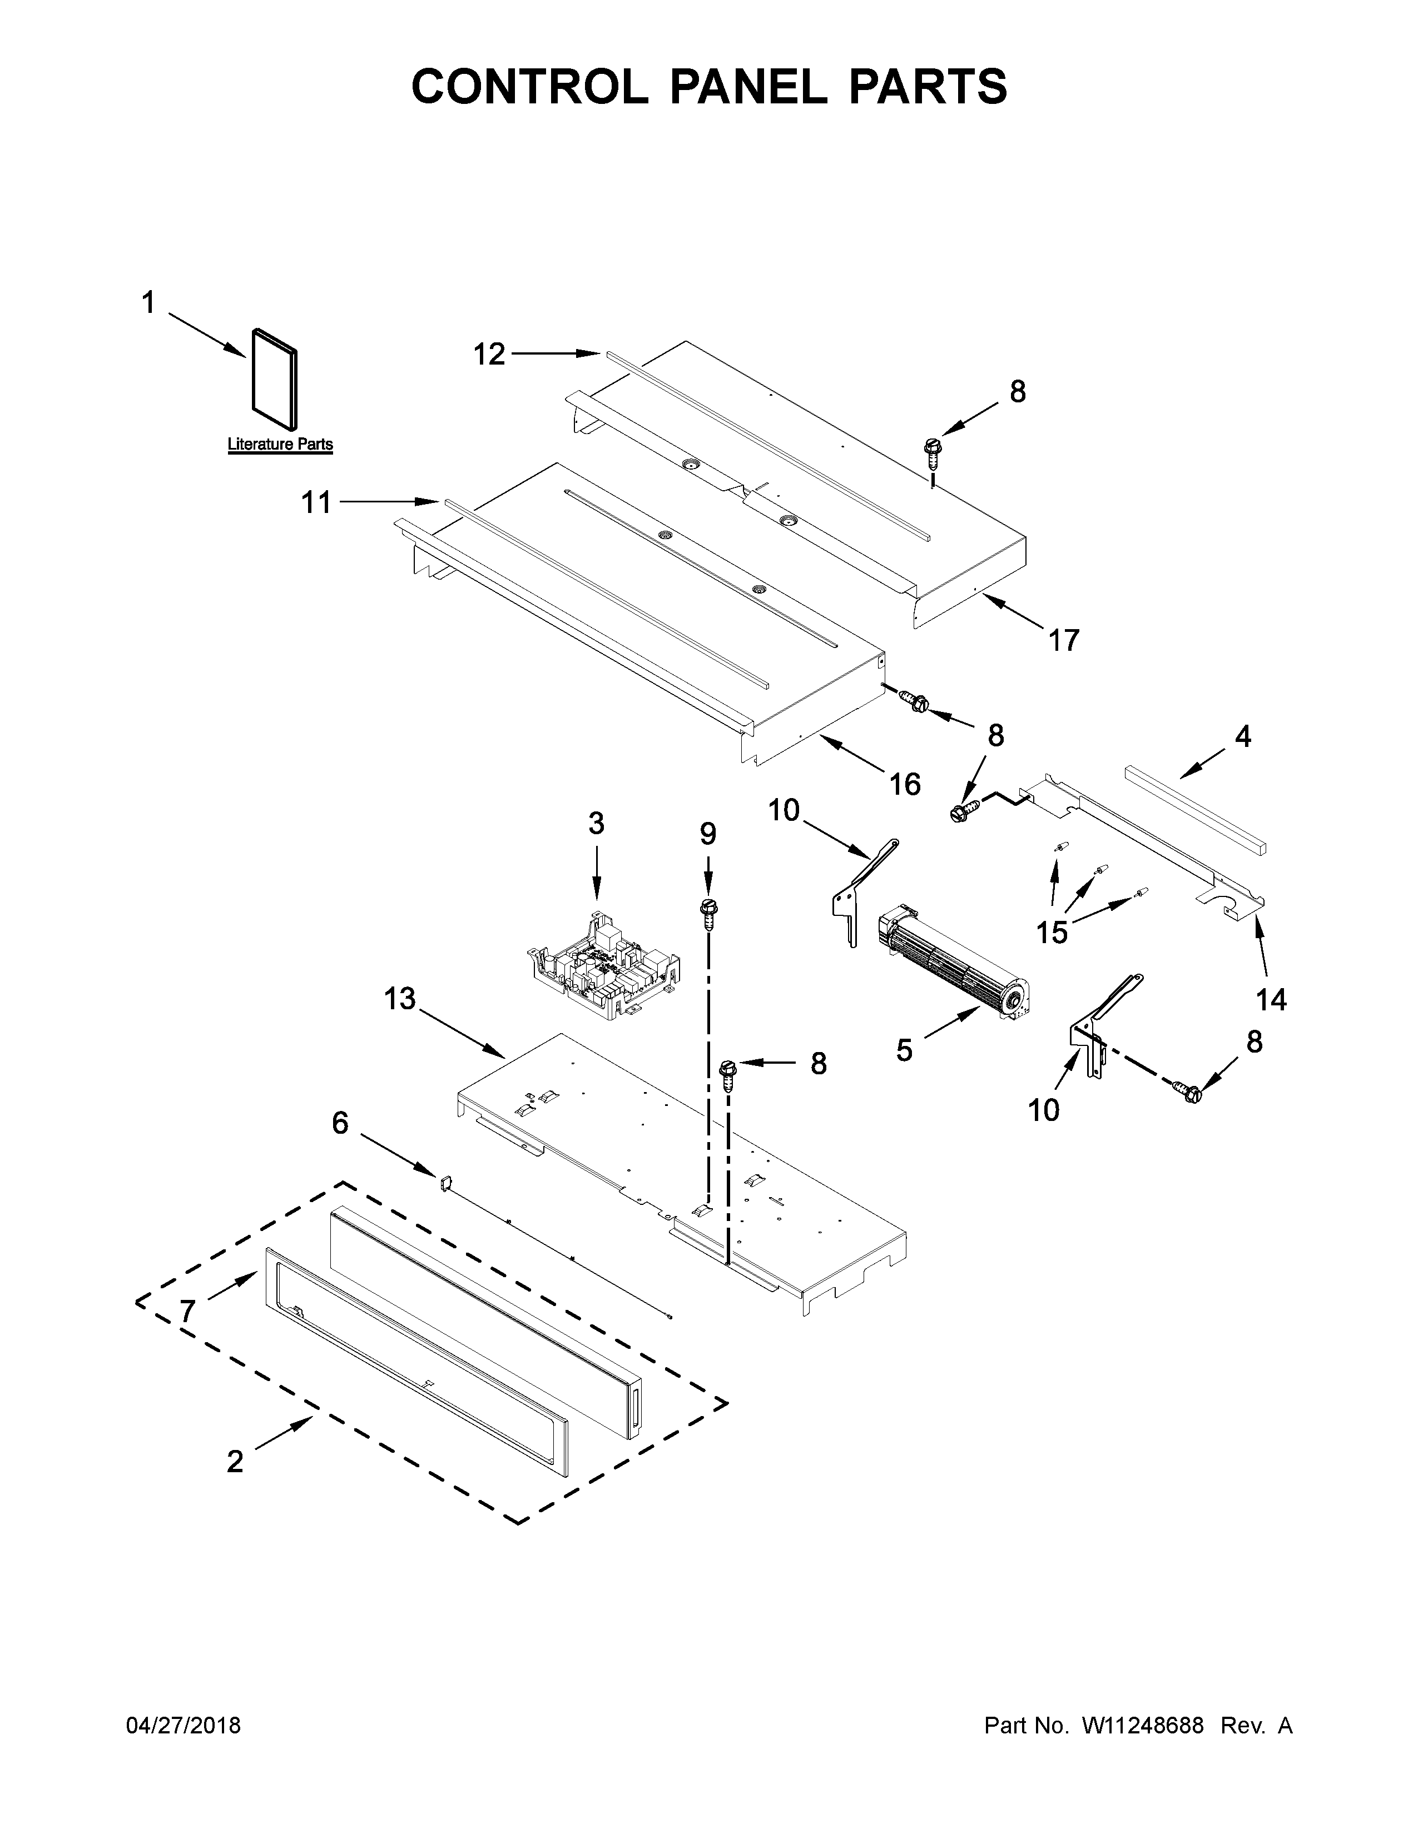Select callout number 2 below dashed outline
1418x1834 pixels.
[235, 1462]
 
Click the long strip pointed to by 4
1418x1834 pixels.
[1196, 808]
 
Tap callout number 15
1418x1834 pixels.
[1052, 931]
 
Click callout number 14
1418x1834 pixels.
[1271, 999]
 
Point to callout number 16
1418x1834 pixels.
[905, 784]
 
